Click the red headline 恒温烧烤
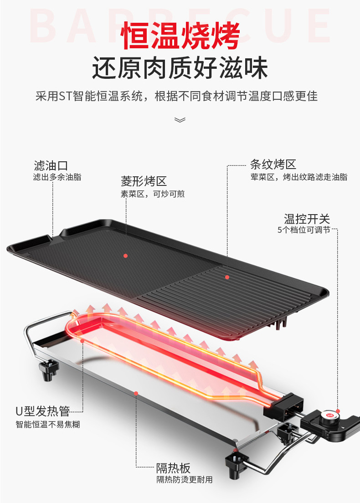(x=180, y=36)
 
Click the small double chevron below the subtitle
(x=180, y=120)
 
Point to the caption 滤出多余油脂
(x=57, y=177)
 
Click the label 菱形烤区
(x=144, y=181)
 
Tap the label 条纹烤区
(x=273, y=164)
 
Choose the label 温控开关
(x=307, y=219)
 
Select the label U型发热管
(x=42, y=411)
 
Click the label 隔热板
(x=173, y=467)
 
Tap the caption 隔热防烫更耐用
(x=185, y=479)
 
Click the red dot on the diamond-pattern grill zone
(x=125, y=256)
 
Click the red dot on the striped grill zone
(x=227, y=277)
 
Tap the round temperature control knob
(x=329, y=416)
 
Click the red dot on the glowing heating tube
(x=82, y=340)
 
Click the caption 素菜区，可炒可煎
(x=152, y=194)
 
